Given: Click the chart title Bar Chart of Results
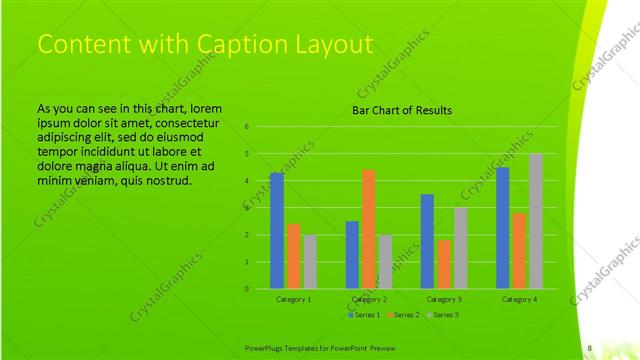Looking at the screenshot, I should pyautogui.click(x=401, y=110).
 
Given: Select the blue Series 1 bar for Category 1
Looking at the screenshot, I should pyautogui.click(x=277, y=231).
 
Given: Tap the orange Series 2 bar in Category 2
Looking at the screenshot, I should pyautogui.click(x=368, y=229).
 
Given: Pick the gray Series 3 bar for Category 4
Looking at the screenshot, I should pyautogui.click(x=535, y=221).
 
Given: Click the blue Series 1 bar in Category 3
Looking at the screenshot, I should pyautogui.click(x=427, y=241).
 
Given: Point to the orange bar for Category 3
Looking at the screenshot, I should pyautogui.click(x=443, y=264).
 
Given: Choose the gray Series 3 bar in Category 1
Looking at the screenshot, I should pyautogui.click(x=309, y=262).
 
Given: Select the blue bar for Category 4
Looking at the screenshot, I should pyautogui.click(x=502, y=228).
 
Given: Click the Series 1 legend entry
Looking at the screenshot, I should pyautogui.click(x=363, y=315).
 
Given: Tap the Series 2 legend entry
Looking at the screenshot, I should pyautogui.click(x=402, y=315).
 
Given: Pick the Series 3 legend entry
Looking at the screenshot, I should pyautogui.click(x=442, y=315).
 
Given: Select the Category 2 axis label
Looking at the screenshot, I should pyautogui.click(x=369, y=299).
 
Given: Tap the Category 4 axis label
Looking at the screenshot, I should pyautogui.click(x=519, y=299).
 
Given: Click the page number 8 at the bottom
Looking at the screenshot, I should pyautogui.click(x=590, y=348).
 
